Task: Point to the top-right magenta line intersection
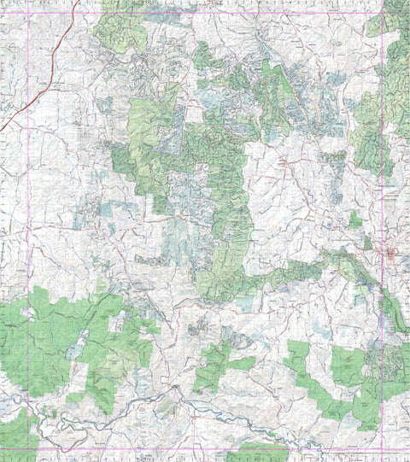pyautogui.click(x=382, y=13)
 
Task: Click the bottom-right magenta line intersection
pyautogui.click(x=382, y=449)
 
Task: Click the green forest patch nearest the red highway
pyautogui.click(x=115, y=26)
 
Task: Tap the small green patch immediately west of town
pyautogui.click(x=354, y=219)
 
